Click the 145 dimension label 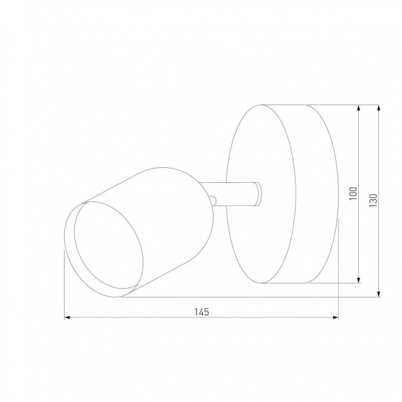(201, 312)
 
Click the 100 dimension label (354, 194)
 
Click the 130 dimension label (374, 200)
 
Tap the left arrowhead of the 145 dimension (67, 317)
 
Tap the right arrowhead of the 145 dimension (335, 317)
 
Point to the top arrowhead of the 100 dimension (359, 108)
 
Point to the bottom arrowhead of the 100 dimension (359, 280)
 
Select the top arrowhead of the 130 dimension (379, 108)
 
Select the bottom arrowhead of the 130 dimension (379, 294)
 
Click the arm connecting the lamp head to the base (231, 194)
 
